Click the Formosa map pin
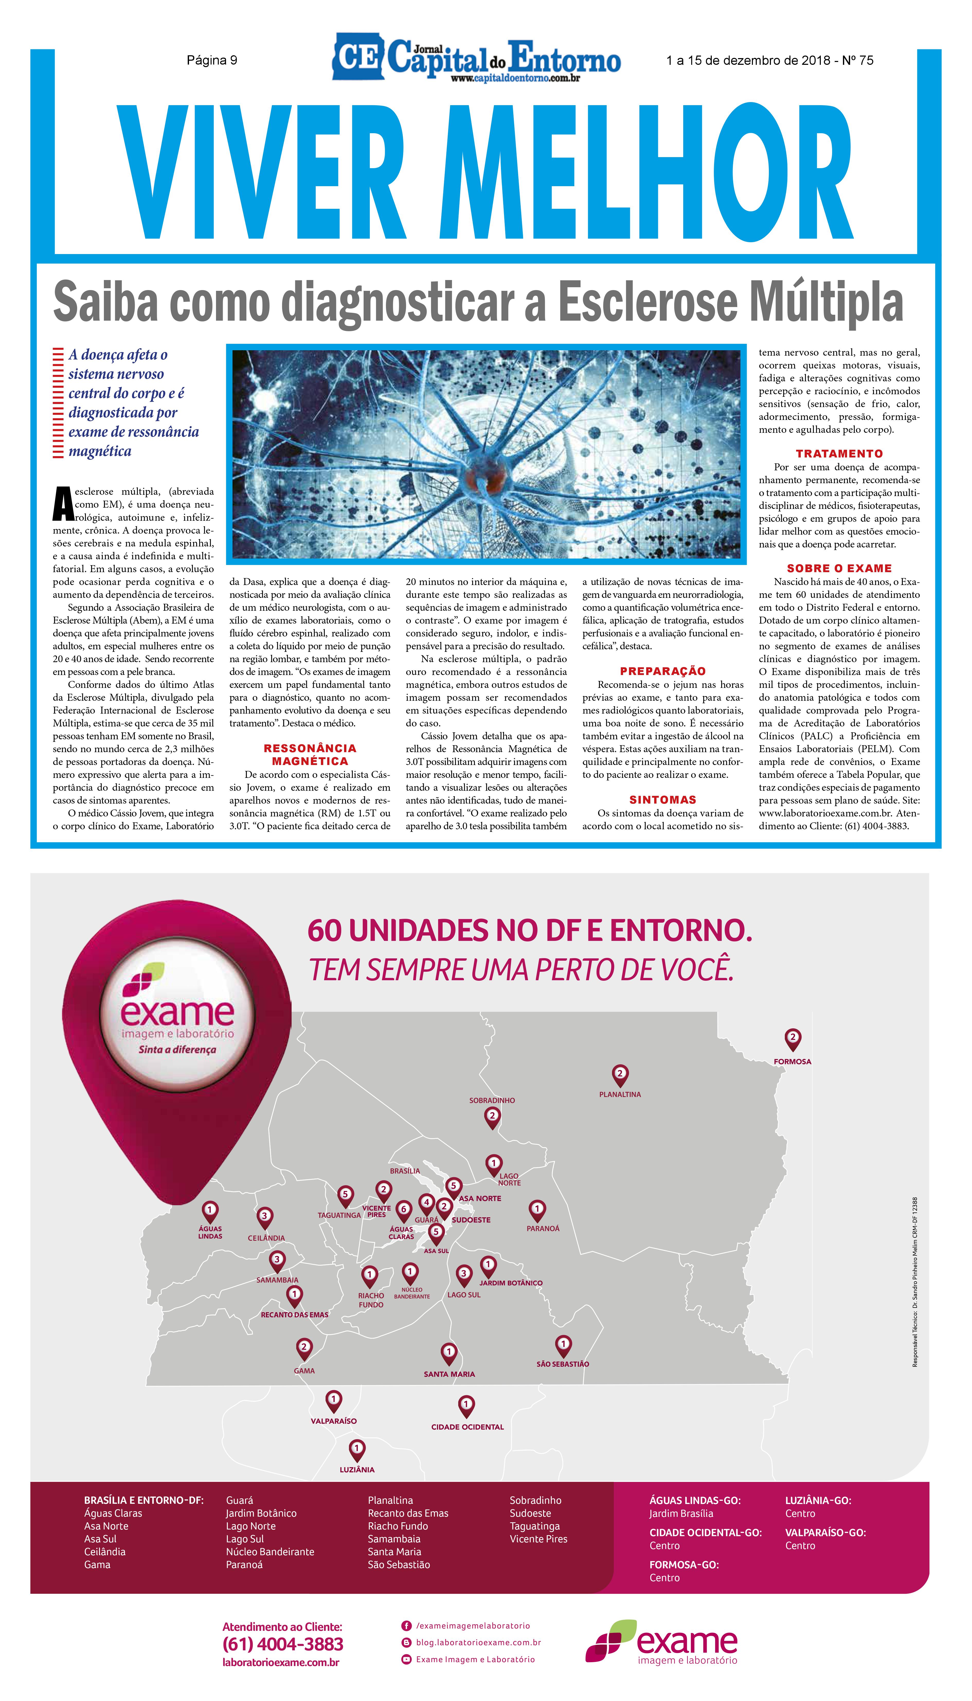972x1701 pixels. [x=793, y=1037]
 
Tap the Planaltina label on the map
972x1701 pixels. [x=619, y=1094]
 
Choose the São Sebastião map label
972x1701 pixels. [x=563, y=1364]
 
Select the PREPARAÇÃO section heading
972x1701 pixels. [x=662, y=671]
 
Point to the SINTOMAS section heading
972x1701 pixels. [x=662, y=800]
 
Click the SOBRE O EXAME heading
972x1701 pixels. [x=839, y=568]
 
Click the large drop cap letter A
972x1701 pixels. [x=63, y=503]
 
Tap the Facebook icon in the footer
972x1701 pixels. [x=406, y=1626]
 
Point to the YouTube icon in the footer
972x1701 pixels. [x=406, y=1659]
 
